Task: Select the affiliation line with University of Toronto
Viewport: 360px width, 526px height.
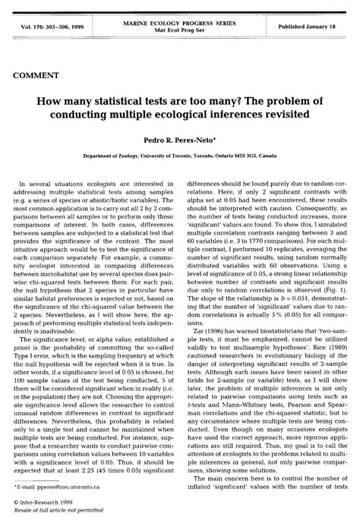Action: [180, 153]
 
